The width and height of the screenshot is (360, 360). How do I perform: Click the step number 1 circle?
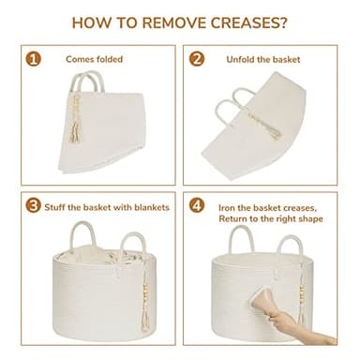[x=34, y=59]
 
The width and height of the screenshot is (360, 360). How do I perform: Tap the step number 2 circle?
[x=197, y=59]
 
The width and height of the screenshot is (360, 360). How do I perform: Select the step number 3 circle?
[x=34, y=205]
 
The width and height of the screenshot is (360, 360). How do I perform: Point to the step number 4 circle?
[x=197, y=205]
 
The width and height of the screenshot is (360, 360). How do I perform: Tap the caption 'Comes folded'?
[x=94, y=59]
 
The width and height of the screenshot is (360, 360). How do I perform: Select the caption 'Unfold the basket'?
[x=263, y=59]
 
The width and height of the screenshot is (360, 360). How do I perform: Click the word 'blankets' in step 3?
[x=152, y=207]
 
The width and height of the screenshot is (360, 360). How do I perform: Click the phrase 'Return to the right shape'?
[x=271, y=218]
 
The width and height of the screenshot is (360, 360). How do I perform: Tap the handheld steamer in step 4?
[x=262, y=301]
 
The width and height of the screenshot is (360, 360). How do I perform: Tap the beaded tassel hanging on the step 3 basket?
[x=145, y=297]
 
